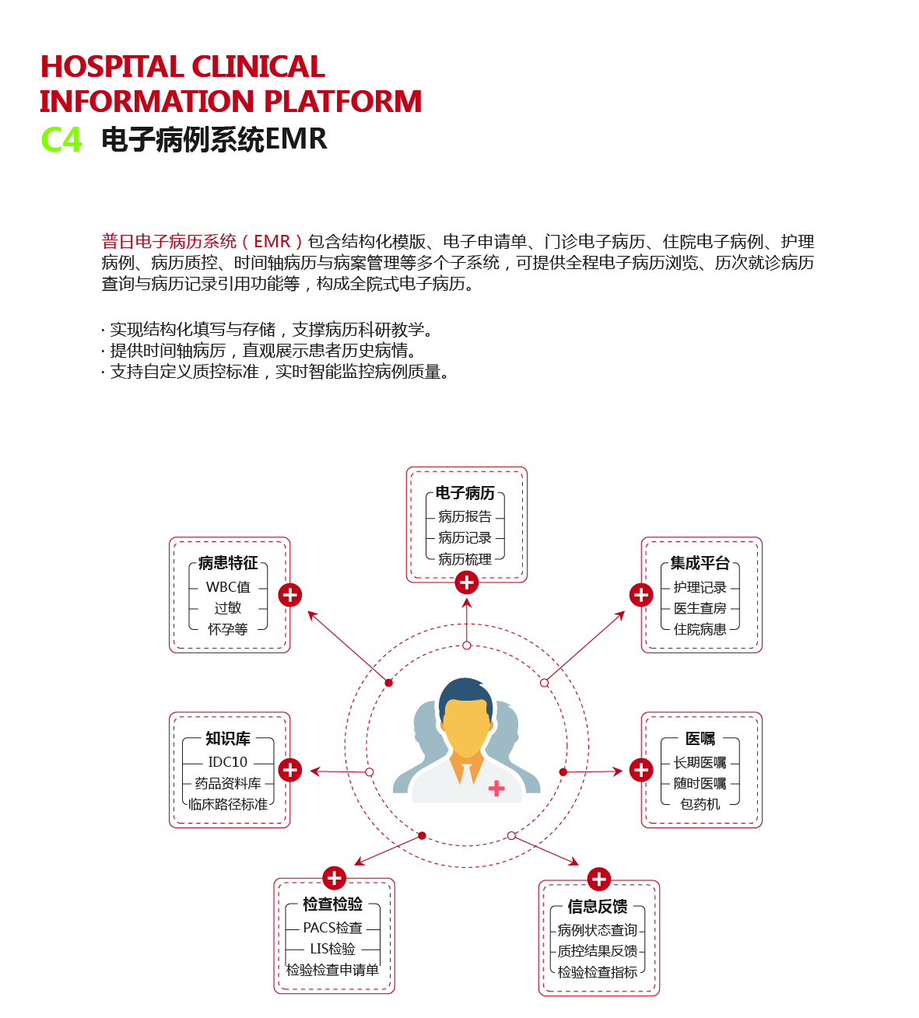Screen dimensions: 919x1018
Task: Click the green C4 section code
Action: click(x=61, y=139)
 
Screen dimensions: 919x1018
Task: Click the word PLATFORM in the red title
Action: click(x=343, y=101)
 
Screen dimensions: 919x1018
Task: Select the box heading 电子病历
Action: click(x=465, y=493)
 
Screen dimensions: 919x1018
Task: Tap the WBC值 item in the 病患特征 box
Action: click(x=228, y=587)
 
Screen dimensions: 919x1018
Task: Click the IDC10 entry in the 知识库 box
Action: click(x=227, y=761)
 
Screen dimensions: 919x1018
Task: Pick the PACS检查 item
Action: click(x=332, y=928)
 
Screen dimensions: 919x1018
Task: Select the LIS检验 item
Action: click(x=333, y=949)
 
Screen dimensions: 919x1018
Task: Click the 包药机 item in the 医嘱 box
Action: click(x=700, y=804)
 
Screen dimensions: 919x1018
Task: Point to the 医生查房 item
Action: click(x=700, y=608)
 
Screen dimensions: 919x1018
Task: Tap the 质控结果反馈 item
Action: click(x=598, y=950)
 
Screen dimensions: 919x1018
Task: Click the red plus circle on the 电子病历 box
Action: click(x=467, y=582)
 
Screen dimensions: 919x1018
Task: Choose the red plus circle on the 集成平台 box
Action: click(x=641, y=595)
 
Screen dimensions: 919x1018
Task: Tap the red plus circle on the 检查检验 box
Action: click(x=335, y=878)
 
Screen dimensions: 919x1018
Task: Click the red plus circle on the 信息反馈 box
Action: click(x=599, y=880)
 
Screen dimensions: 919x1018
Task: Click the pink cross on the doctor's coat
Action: click(x=496, y=788)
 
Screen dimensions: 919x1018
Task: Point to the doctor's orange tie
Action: click(x=467, y=771)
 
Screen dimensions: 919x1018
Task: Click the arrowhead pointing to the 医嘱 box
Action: click(x=618, y=771)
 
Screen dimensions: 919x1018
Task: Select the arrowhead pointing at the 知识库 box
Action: click(x=315, y=771)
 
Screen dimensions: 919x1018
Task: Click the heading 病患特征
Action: click(x=228, y=563)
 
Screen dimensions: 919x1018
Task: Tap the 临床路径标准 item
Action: click(x=228, y=804)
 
